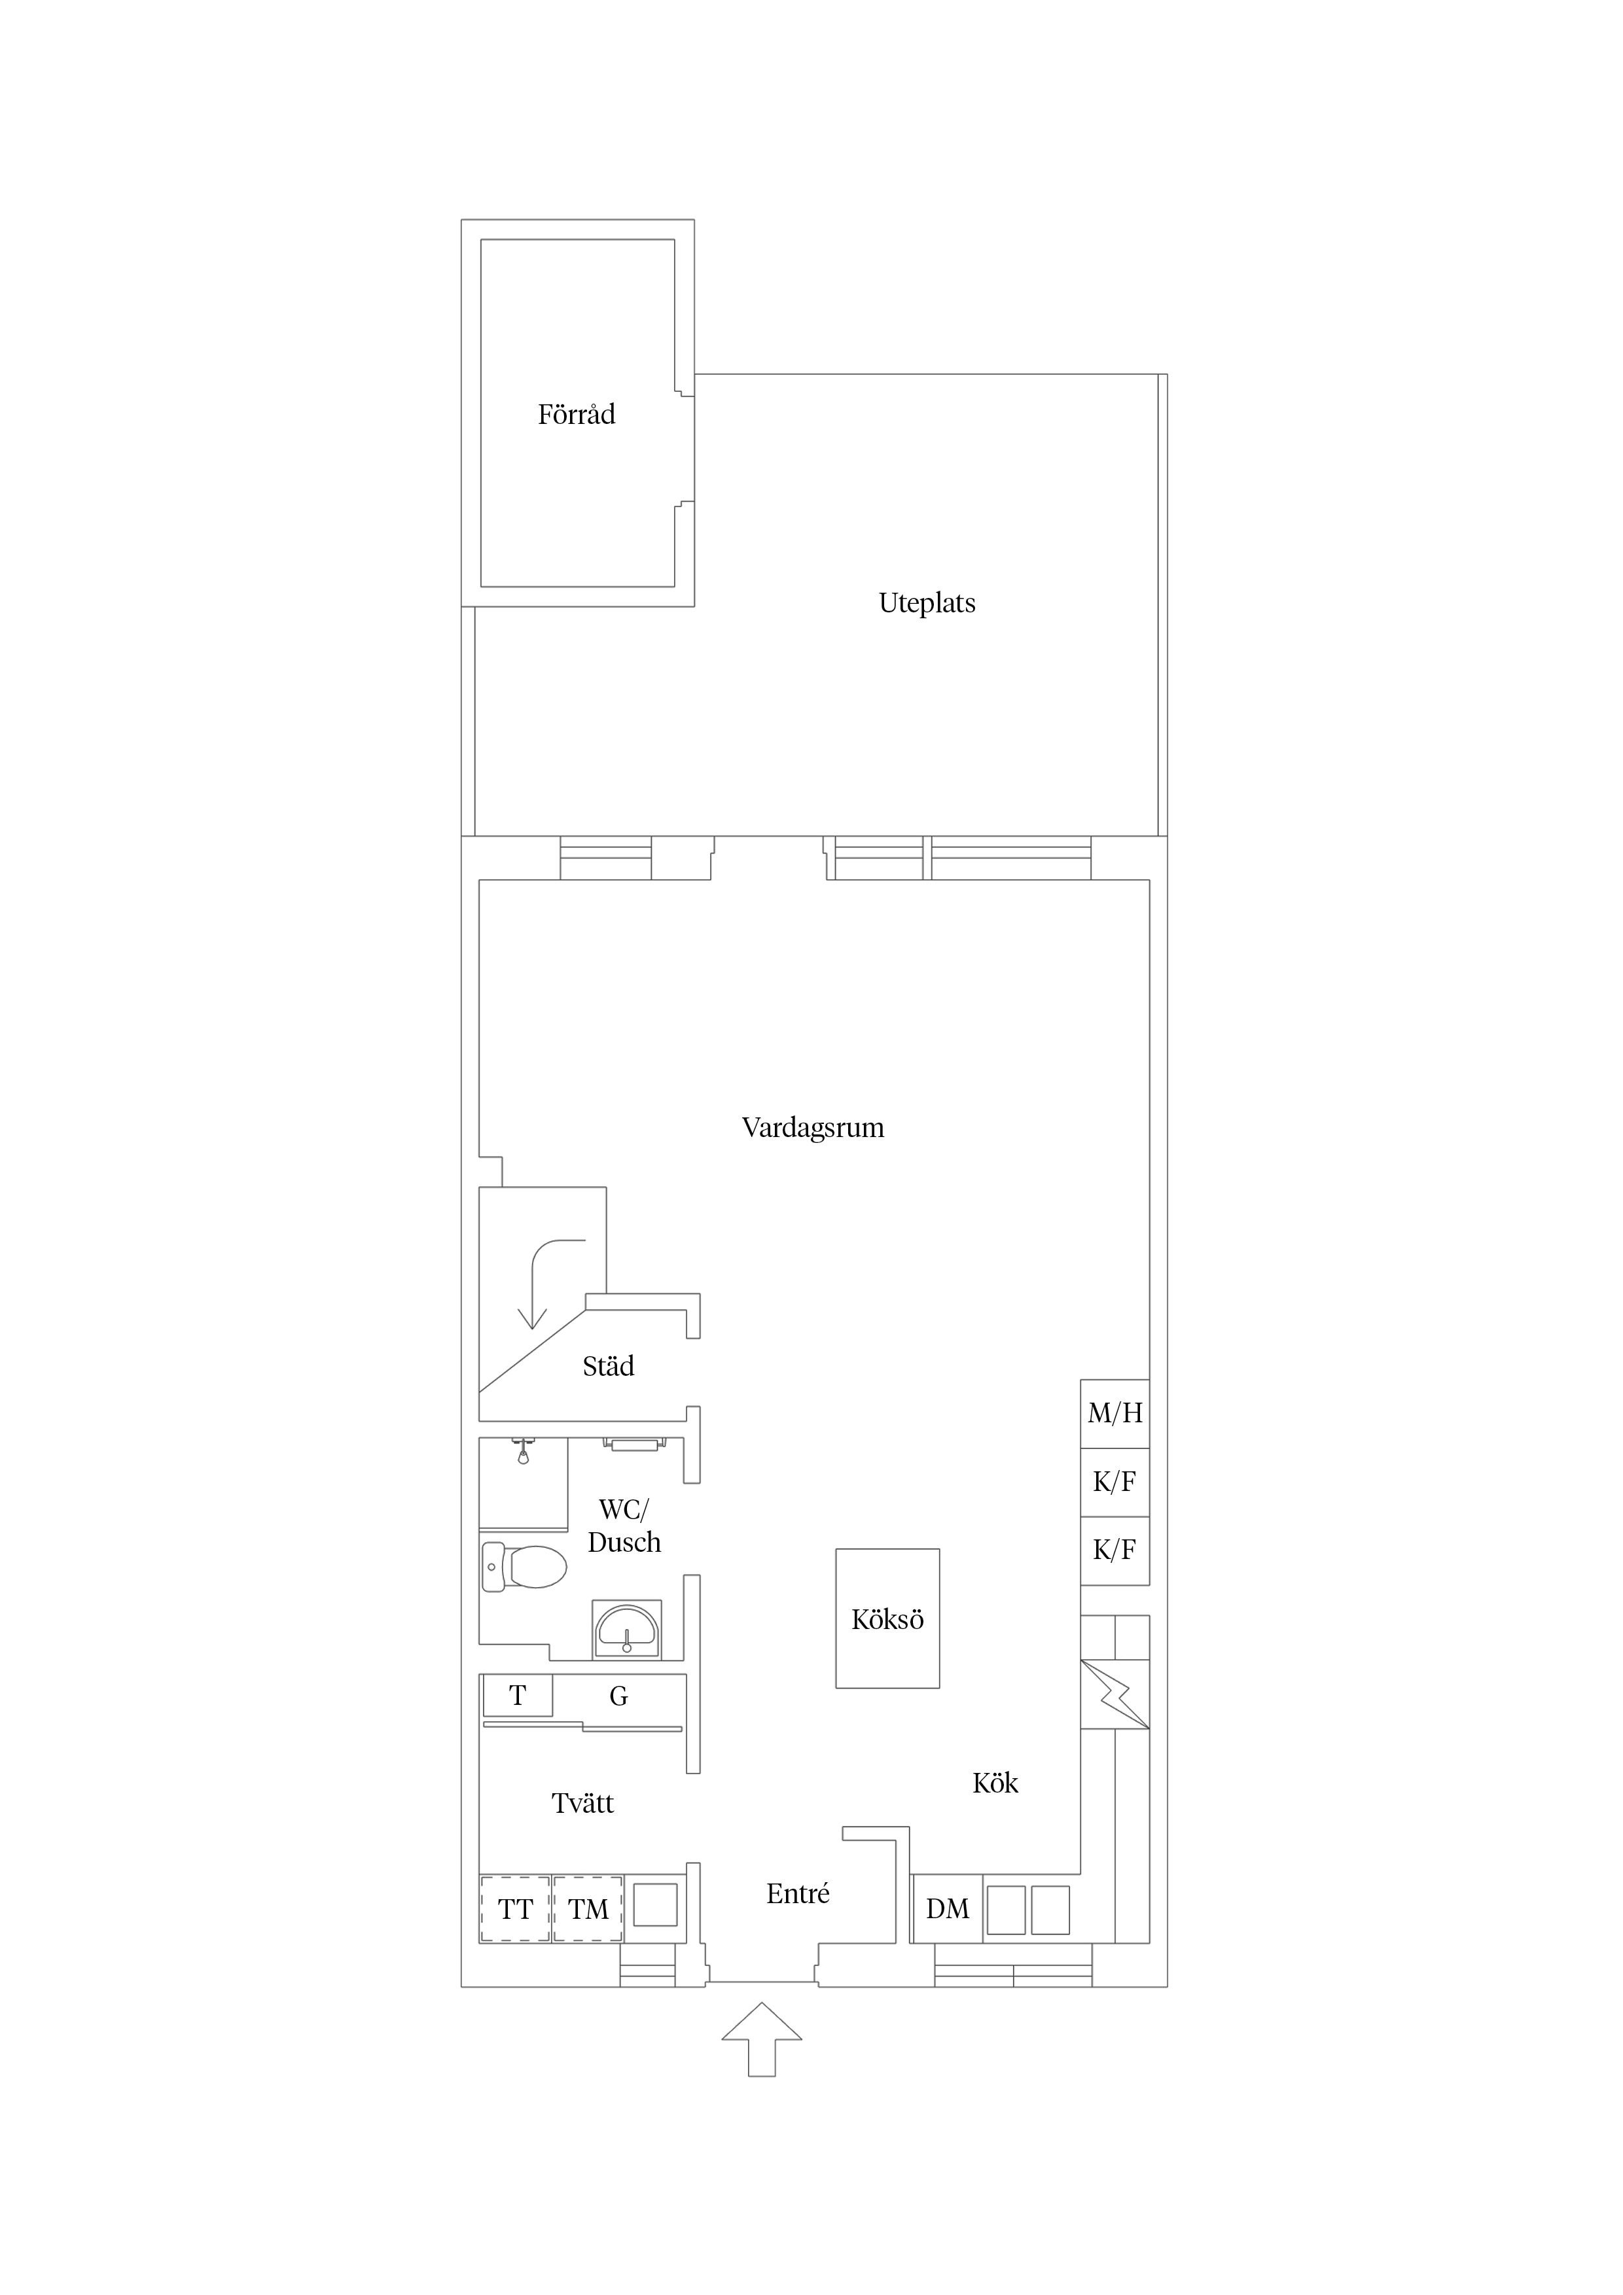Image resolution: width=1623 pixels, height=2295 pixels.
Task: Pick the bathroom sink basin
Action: pyautogui.click(x=626, y=1631)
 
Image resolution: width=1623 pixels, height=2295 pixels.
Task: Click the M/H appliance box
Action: pyautogui.click(x=1115, y=1413)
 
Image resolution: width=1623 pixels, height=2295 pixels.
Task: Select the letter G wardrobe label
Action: pyautogui.click(x=619, y=1696)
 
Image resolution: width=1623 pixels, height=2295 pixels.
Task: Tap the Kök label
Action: pyautogui.click(x=995, y=1783)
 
